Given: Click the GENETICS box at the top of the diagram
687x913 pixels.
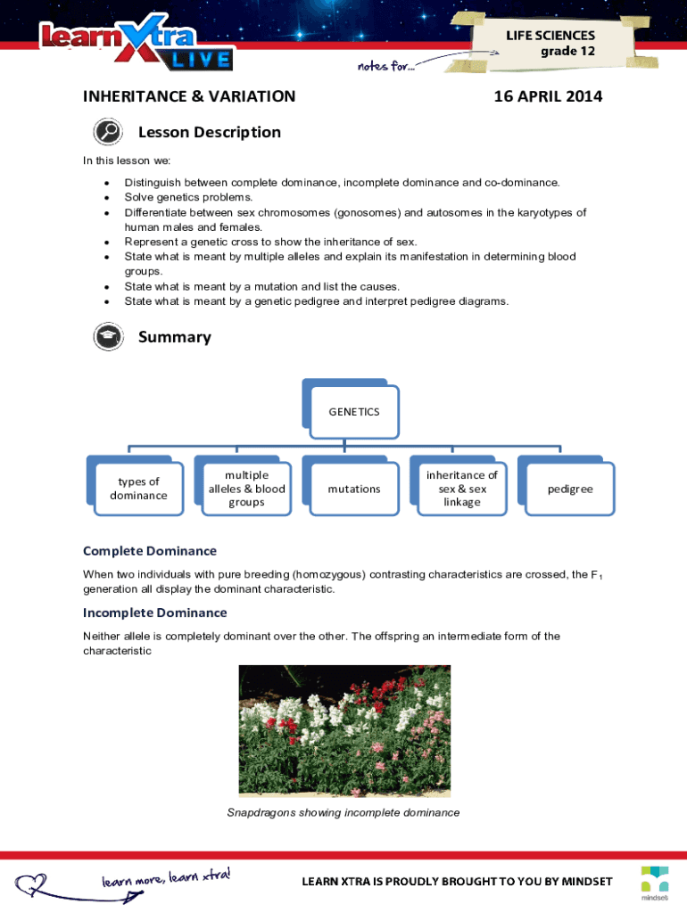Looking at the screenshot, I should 353,412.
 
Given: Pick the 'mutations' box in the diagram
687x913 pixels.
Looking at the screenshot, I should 353,489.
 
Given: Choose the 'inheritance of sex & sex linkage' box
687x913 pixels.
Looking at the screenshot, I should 461,489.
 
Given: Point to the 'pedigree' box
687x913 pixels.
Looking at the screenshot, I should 569,489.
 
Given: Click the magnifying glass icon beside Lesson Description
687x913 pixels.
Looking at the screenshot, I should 108,132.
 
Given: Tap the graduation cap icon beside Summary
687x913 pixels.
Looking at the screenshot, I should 108,337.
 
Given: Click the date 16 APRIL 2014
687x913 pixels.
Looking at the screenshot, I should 548,96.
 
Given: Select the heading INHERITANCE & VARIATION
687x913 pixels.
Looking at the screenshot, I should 189,96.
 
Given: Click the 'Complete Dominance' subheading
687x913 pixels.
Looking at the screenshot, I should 150,551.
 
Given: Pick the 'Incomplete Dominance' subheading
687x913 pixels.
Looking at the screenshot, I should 155,613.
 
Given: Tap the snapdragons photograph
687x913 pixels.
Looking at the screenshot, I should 344,730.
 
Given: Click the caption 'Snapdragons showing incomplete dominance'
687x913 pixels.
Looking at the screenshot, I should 343,812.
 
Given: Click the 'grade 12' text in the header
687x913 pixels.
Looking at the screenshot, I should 567,51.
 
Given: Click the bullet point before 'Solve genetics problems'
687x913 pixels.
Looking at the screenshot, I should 108,197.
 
